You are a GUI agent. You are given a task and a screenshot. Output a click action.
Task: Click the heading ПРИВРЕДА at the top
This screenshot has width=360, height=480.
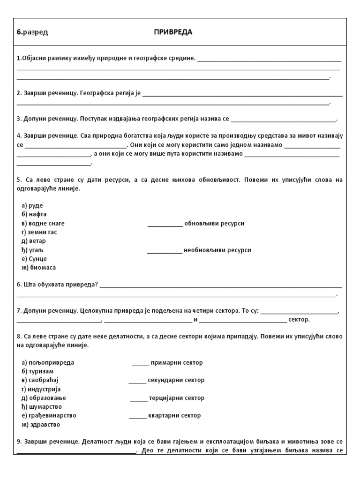pos(173,32)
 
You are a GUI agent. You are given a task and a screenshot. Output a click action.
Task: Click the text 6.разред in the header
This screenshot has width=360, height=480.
pos(32,32)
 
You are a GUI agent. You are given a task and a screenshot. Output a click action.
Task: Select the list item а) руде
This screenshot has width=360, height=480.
pos(32,205)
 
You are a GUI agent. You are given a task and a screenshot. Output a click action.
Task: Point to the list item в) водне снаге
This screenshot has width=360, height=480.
pos(43,223)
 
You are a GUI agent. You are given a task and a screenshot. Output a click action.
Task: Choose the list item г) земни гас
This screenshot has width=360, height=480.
pos(39,232)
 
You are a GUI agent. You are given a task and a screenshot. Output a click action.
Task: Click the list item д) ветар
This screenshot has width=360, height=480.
pos(34,241)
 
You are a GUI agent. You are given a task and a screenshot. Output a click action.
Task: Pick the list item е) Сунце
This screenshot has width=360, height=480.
pos(34,259)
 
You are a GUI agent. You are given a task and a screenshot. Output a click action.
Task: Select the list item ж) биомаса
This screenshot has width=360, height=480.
pos(38,268)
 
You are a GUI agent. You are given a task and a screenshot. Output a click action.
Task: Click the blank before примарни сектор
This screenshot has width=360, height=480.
pos(140,363)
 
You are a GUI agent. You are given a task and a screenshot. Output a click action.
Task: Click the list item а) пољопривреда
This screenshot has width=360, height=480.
pos(48,363)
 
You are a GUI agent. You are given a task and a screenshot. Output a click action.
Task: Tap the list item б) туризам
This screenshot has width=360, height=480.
pos(38,371)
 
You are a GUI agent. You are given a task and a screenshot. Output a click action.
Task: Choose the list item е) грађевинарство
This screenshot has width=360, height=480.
pos(49,415)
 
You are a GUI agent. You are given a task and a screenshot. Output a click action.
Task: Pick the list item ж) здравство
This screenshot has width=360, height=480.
pos(41,425)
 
